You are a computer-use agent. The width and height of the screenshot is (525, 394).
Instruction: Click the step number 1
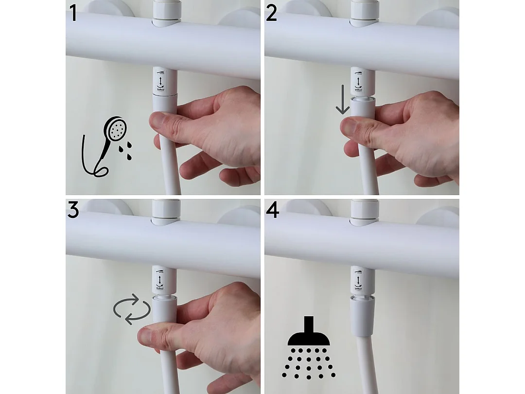tap(73, 13)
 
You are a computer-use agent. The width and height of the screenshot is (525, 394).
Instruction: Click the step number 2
tap(272, 13)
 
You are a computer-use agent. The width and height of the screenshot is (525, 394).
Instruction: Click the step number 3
tap(73, 210)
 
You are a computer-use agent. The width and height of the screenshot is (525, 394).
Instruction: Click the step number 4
tap(272, 210)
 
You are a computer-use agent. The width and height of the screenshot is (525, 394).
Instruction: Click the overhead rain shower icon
tap(309, 348)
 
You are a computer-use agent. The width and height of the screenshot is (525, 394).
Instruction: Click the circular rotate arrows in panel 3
tap(131, 309)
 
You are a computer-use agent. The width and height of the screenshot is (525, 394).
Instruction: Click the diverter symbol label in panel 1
tap(159, 81)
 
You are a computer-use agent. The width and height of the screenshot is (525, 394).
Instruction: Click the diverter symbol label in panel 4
tap(358, 280)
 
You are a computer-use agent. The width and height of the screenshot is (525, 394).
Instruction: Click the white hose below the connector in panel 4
tap(366, 365)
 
